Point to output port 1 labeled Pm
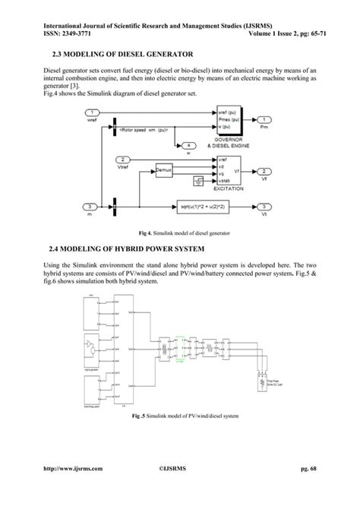[x=263, y=120]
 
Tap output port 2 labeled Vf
[x=263, y=171]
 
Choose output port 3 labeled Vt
[x=263, y=206]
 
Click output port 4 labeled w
[x=188, y=144]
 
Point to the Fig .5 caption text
[x=179, y=416]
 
